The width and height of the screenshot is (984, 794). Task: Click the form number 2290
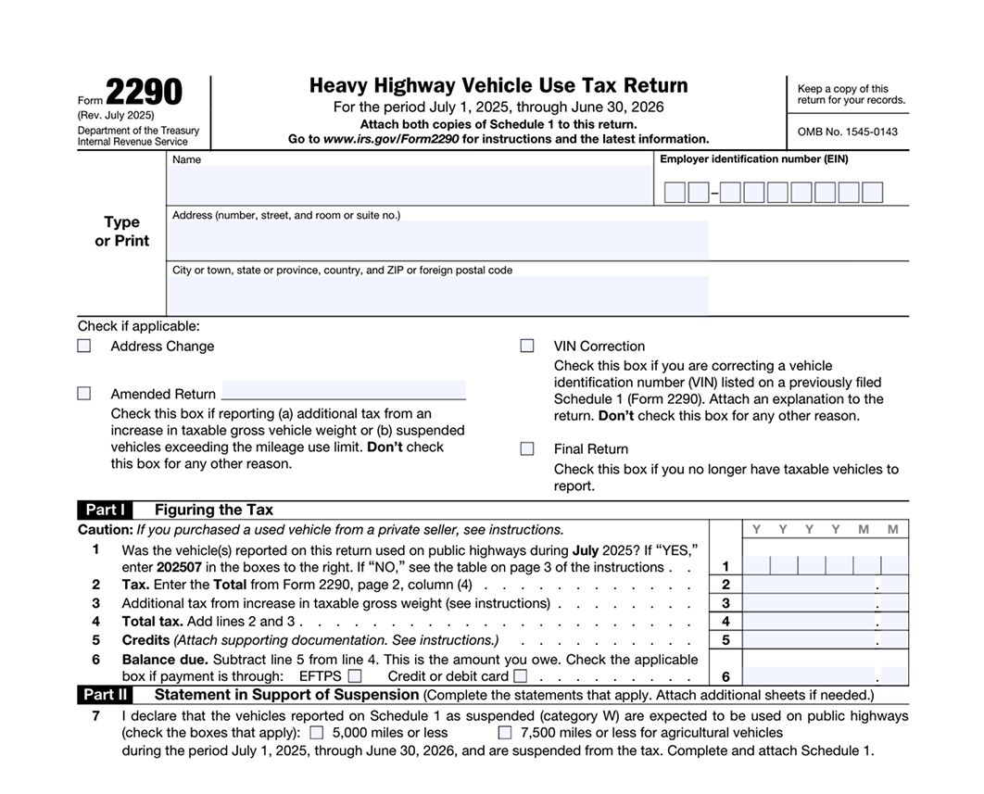tap(144, 93)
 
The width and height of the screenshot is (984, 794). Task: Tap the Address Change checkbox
tap(84, 346)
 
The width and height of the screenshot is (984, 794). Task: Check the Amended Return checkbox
tap(84, 394)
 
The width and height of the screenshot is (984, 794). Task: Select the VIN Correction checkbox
tap(527, 346)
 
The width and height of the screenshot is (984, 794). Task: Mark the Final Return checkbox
tap(527, 448)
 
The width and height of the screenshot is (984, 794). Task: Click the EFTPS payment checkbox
tap(355, 676)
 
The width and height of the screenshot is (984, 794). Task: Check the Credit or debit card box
tap(520, 676)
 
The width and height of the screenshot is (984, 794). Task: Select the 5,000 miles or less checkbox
tap(317, 733)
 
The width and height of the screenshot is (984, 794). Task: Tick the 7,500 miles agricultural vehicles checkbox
tap(505, 733)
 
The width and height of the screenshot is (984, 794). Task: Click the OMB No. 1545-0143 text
tap(847, 132)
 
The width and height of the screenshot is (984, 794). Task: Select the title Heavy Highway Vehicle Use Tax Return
tap(498, 86)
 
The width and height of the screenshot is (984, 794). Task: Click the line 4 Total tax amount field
tap(810, 622)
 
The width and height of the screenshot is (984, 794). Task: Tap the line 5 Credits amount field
tap(810, 640)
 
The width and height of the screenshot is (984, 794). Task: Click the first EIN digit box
tap(675, 193)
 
